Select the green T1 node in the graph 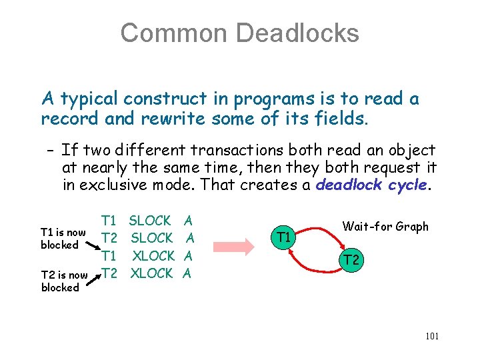(x=284, y=237)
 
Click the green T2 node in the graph (x=353, y=260)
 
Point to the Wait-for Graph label (x=385, y=227)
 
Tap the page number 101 (x=431, y=336)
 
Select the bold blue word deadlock (x=348, y=185)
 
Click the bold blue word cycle (x=407, y=185)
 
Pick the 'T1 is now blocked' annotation (x=63, y=239)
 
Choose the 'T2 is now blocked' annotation (x=64, y=281)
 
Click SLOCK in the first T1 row (x=150, y=221)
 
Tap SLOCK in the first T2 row (x=152, y=238)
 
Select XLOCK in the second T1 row (x=153, y=256)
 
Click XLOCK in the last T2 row (x=152, y=273)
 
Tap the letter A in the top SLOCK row (x=189, y=221)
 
